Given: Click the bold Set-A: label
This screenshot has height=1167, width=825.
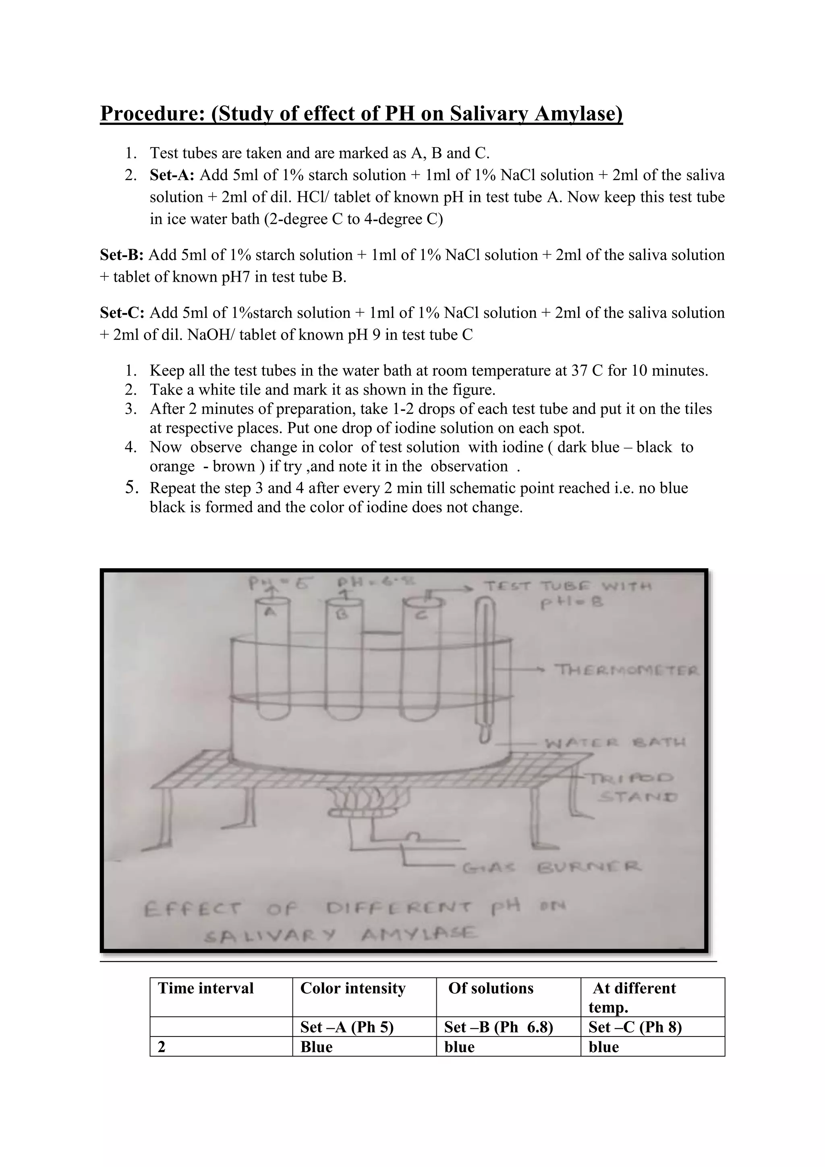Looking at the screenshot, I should pos(172,175).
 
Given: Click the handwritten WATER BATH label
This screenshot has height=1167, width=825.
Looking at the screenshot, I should pos(615,743).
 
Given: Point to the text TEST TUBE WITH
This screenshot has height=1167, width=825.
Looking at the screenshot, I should pos(568,587).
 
